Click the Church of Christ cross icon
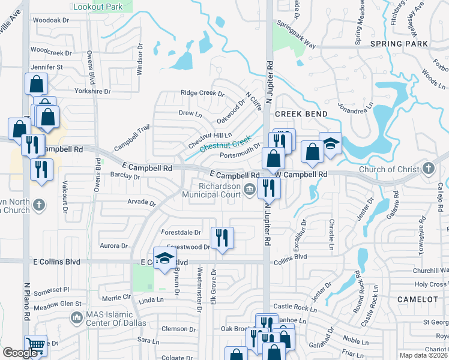[x=427, y=168]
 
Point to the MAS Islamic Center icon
[x=76, y=316]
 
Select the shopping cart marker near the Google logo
[x=36, y=346]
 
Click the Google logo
[x=20, y=353]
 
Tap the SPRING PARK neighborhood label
[x=399, y=44]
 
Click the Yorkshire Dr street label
[x=92, y=91]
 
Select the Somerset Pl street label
[x=53, y=289]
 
